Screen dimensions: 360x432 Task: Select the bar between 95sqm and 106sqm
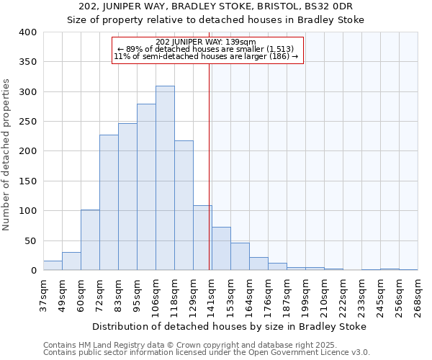(x=146, y=187)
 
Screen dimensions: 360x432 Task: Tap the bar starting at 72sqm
(x=109, y=202)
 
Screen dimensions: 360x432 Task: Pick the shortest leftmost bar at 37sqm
(x=53, y=266)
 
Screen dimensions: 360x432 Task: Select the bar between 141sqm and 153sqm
(x=221, y=248)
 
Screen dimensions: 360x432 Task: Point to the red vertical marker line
(x=209, y=166)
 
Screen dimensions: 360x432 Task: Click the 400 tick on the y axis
(x=27, y=32)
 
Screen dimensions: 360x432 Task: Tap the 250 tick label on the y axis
(x=27, y=122)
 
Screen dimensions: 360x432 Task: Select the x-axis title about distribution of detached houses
(x=230, y=326)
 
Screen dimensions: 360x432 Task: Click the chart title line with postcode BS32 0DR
(x=216, y=6)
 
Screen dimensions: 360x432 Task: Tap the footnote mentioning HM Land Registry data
(x=189, y=345)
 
